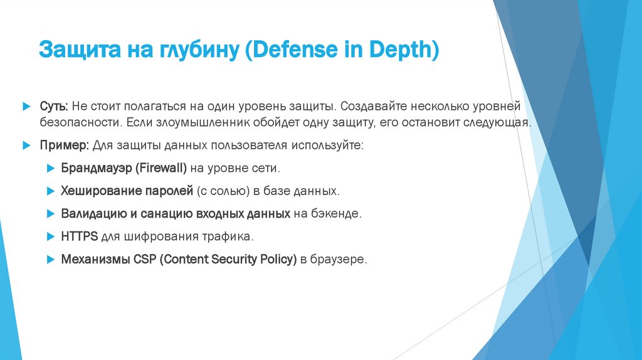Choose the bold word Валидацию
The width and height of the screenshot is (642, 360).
coord(93,213)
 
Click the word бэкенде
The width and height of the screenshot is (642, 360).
coord(337,213)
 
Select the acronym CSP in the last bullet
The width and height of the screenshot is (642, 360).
coord(144,259)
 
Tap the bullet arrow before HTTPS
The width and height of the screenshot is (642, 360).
coord(50,236)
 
